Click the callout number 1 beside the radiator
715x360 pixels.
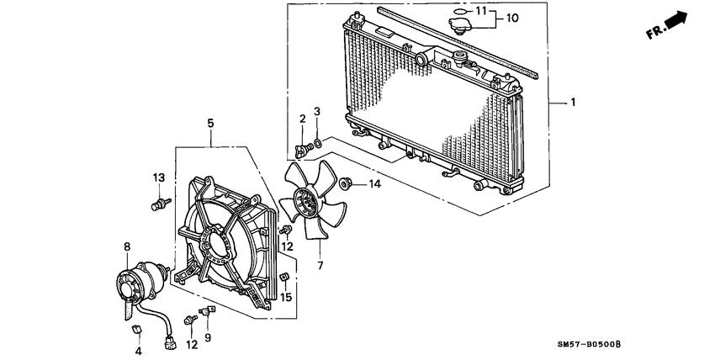tap(573, 103)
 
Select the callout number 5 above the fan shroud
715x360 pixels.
tap(211, 124)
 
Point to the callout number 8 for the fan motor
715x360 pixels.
tap(127, 247)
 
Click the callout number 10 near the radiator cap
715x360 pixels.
tap(513, 17)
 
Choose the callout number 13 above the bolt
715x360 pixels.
tap(157, 177)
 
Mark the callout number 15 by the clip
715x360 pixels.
tap(286, 297)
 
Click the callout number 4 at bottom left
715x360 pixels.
tap(138, 351)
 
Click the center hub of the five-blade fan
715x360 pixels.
tap(306, 203)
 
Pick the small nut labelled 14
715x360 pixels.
tap(345, 183)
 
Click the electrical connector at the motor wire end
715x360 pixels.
tap(172, 342)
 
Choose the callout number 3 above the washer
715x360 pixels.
tap(317, 112)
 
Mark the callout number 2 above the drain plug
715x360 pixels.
tap(301, 120)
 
